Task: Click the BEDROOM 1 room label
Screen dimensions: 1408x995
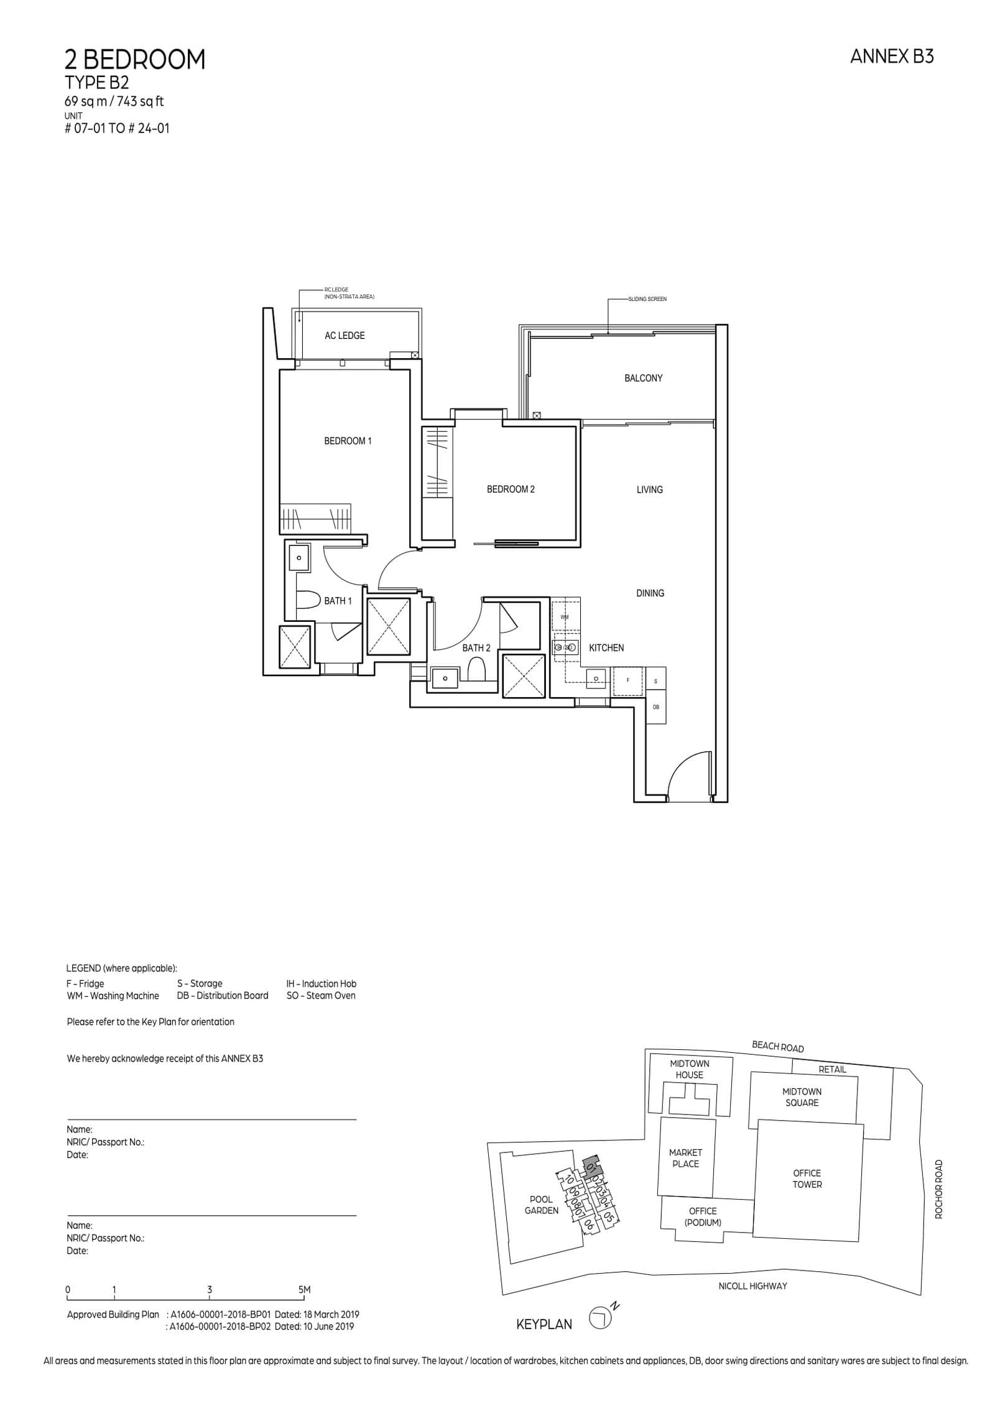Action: [x=348, y=441]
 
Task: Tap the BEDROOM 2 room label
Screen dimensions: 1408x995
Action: [x=511, y=489]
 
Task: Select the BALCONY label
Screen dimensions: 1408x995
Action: [x=643, y=378]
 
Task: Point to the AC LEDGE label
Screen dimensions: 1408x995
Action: [x=345, y=336]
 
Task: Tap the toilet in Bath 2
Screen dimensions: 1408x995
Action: [x=476, y=671]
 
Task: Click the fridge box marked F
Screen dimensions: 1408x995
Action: [x=627, y=681]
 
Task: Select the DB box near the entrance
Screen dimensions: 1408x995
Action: [x=655, y=708]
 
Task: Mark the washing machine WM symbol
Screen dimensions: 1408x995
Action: [x=565, y=617]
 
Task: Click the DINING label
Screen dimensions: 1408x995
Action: [x=650, y=593]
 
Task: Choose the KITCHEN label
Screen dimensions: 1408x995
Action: [x=606, y=648]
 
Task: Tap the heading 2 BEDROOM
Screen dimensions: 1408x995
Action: [x=135, y=60]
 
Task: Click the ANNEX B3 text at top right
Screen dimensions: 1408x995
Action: [x=891, y=57]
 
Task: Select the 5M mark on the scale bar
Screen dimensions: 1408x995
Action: [x=304, y=1290]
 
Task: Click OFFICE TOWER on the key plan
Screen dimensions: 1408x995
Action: [x=807, y=1179]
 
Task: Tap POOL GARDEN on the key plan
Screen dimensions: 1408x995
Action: [x=541, y=1205]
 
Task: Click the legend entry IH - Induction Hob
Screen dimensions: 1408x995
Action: [x=321, y=984]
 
